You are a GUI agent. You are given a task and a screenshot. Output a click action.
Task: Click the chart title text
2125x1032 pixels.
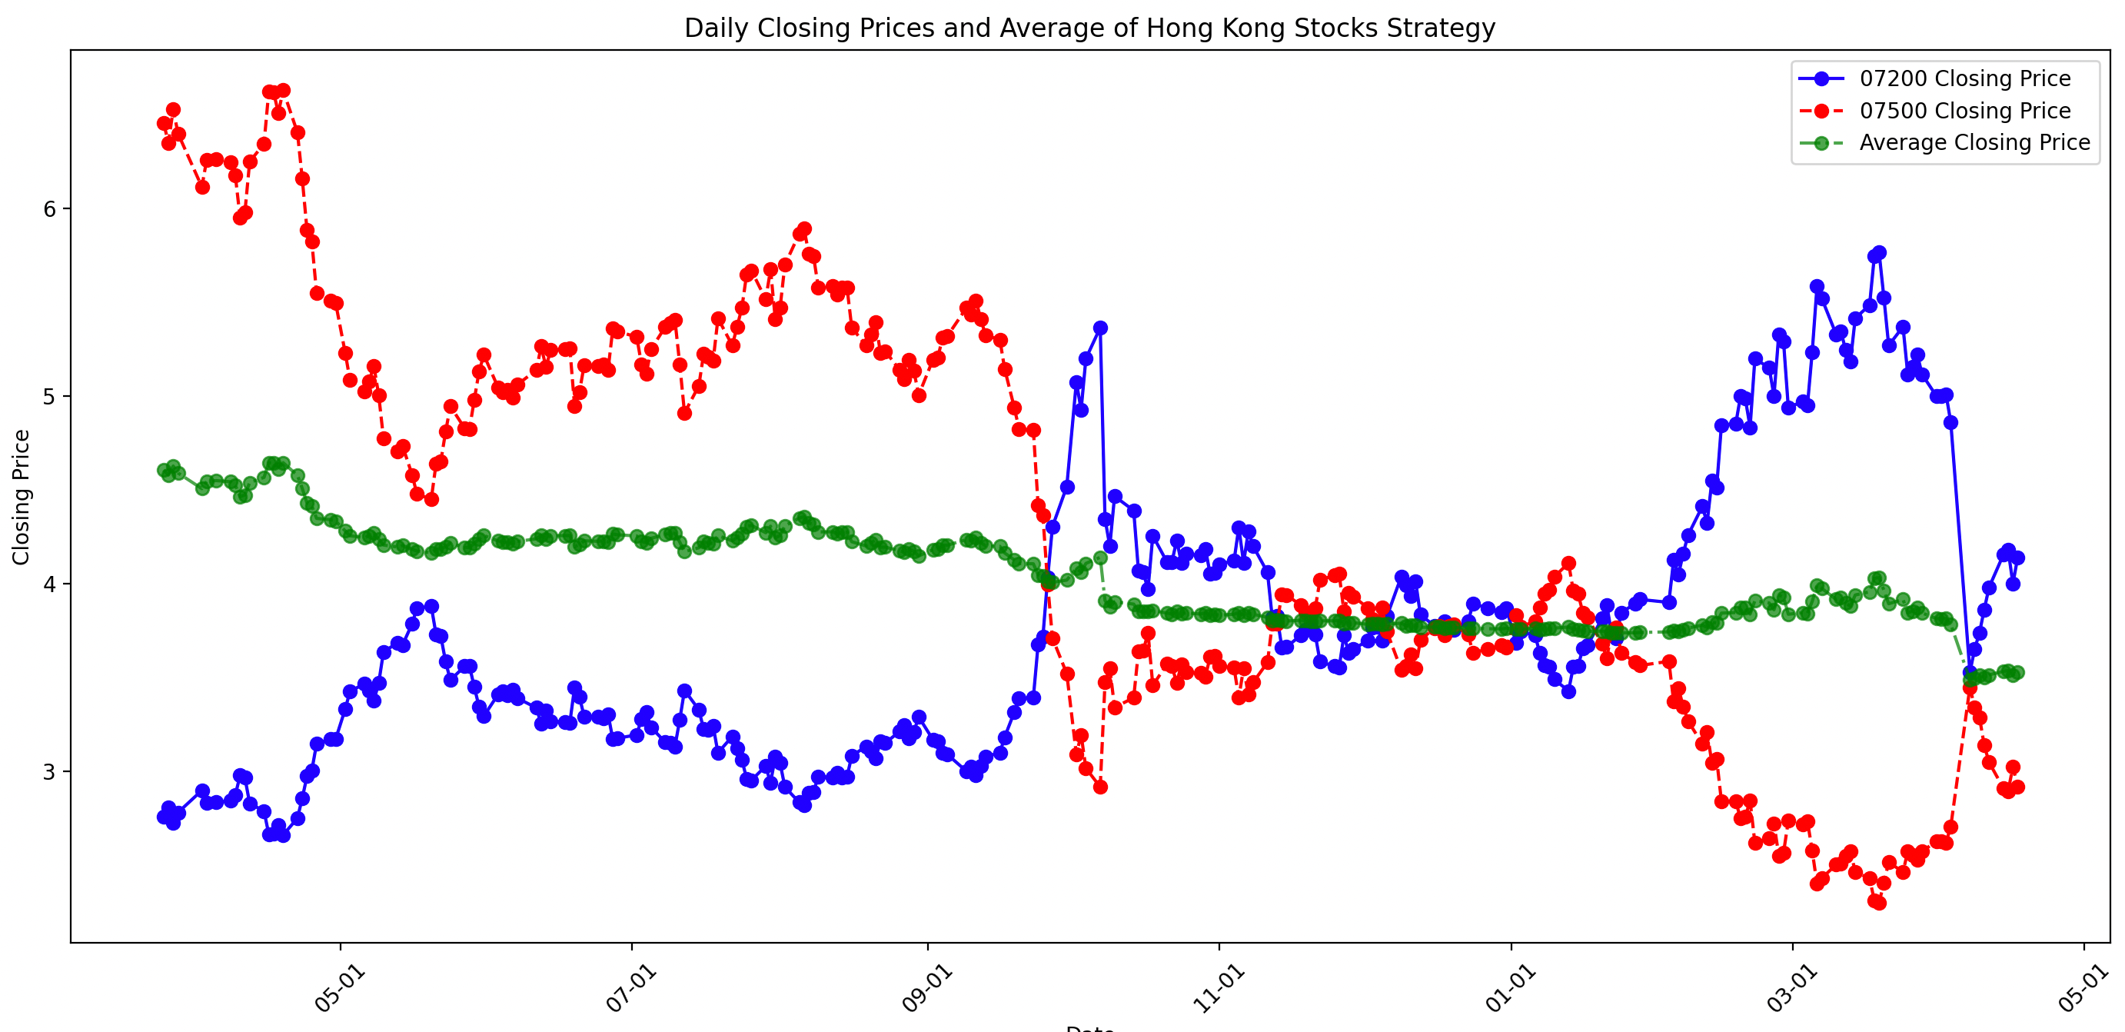click(x=1089, y=28)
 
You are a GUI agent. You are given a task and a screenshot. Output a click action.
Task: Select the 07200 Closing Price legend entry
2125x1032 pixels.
click(x=1964, y=78)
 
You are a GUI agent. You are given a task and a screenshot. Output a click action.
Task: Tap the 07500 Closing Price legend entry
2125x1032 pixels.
click(x=1964, y=111)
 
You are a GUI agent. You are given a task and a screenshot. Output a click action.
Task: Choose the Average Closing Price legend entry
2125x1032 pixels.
click(x=1974, y=143)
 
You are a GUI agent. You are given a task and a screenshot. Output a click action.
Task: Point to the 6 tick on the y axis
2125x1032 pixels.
click(x=50, y=208)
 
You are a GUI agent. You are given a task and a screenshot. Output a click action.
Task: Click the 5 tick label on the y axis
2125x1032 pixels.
click(x=50, y=397)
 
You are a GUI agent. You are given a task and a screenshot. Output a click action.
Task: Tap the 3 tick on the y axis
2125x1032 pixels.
click(x=50, y=772)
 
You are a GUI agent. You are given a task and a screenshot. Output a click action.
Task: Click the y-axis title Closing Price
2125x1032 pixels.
click(x=22, y=497)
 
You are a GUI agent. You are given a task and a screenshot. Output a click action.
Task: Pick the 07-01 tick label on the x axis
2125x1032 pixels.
click(x=631, y=988)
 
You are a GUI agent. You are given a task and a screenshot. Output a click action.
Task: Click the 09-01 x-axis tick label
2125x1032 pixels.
click(x=926, y=988)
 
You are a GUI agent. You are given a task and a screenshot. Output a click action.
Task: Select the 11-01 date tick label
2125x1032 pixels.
click(x=1219, y=988)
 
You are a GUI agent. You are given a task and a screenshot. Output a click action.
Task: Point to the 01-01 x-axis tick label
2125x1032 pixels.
click(x=1511, y=988)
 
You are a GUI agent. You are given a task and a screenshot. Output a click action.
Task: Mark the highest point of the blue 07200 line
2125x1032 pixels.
click(x=1879, y=252)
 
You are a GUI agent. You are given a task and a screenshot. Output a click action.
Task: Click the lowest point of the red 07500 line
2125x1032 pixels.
click(x=1879, y=903)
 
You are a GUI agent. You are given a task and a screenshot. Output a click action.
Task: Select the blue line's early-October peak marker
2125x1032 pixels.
click(x=1099, y=328)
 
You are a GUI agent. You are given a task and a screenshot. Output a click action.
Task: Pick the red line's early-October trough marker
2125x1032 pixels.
click(x=1099, y=787)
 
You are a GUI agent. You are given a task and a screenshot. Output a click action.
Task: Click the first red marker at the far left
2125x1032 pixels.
click(x=163, y=124)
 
